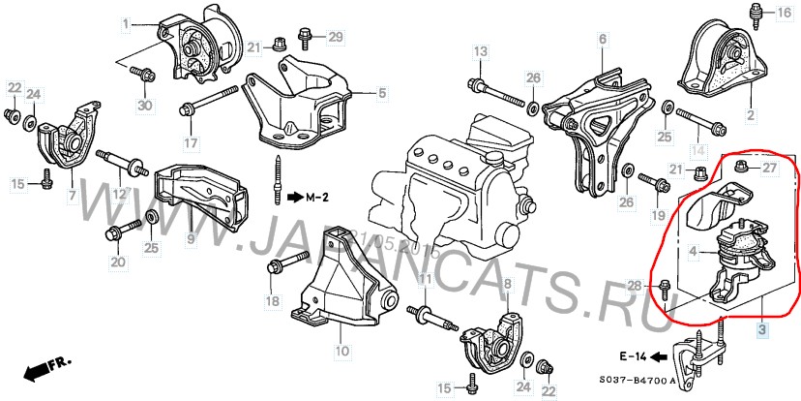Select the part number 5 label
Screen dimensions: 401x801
click(381, 94)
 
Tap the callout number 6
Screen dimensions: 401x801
click(601, 40)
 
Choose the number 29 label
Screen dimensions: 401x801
click(335, 38)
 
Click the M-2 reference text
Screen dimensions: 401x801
click(315, 198)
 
